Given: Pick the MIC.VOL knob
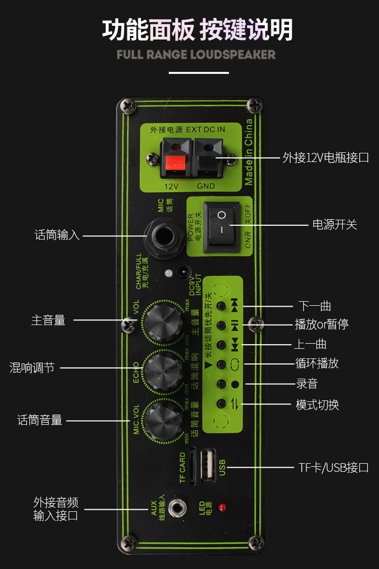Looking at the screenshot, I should point(163,420).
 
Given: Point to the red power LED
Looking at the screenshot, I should point(221,507).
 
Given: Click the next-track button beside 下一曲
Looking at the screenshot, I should point(221,306).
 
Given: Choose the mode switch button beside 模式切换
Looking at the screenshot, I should point(221,403).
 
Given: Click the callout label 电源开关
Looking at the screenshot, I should point(335,224).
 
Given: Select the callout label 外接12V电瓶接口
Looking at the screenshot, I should point(325,157).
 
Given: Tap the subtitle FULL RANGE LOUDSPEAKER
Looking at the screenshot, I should point(196,54).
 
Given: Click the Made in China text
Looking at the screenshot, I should point(249,152).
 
